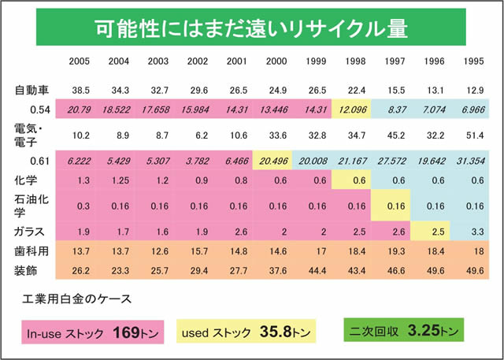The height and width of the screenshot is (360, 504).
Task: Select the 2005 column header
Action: pos(79,61)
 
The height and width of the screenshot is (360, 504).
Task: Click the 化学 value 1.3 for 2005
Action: pos(79,179)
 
